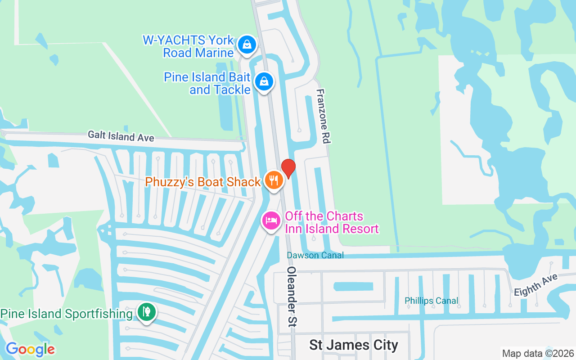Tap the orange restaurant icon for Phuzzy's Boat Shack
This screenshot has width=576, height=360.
click(x=273, y=180)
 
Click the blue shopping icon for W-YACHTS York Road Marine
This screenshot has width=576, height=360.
click(x=247, y=45)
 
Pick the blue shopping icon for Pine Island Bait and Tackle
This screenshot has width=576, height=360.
click(x=264, y=82)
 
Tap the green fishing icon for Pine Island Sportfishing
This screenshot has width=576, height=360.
click(x=146, y=311)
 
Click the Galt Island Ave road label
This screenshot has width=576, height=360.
click(x=121, y=135)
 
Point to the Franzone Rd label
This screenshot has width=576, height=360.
click(x=324, y=116)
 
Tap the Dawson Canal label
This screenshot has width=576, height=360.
click(x=315, y=255)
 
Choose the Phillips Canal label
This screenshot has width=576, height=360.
click(x=431, y=301)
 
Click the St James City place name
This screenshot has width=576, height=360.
click(x=354, y=345)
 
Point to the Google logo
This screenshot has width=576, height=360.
click(x=30, y=349)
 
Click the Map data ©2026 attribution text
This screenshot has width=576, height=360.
click(x=538, y=353)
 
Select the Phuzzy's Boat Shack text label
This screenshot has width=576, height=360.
click(x=203, y=182)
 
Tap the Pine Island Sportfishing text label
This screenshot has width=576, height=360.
click(x=67, y=314)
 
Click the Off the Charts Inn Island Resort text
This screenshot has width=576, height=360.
click(x=332, y=222)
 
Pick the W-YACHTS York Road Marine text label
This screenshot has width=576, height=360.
click(x=189, y=46)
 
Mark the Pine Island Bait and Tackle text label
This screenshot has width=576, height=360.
click(x=207, y=83)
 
